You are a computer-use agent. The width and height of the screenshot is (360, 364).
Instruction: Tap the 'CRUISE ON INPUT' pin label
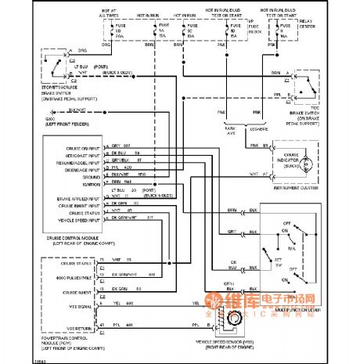[79, 146]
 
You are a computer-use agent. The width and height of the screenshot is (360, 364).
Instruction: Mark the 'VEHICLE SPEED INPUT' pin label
[76, 219]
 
